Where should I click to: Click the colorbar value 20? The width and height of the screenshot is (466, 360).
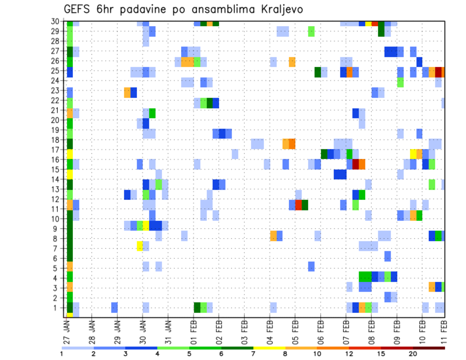point(413,353)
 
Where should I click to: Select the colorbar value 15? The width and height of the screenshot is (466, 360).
point(381,353)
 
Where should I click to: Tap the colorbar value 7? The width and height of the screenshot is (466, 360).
point(253,353)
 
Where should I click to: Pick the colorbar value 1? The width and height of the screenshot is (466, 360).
point(62,353)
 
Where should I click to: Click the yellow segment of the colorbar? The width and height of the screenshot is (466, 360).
point(269,347)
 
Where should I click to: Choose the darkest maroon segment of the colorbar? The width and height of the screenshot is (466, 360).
point(429,347)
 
